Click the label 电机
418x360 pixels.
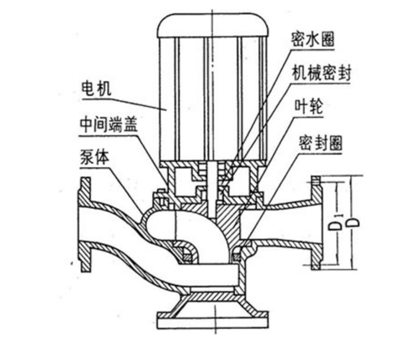pos(96,89)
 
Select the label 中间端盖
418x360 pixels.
pos(109,124)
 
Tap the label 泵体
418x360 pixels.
pos(94,157)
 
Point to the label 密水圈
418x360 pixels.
pos(313,39)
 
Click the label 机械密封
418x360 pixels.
pos(321,74)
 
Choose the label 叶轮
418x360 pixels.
pos(309,107)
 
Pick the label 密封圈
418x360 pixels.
pos(320,143)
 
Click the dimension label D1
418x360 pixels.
pos(335,222)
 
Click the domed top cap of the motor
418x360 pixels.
pos(213,26)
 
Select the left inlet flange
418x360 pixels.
pos(85,225)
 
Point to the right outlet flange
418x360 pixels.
pos(317,223)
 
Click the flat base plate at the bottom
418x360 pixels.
pos(213,324)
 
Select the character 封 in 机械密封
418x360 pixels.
pos(344,74)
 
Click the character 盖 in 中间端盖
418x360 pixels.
pos(131,124)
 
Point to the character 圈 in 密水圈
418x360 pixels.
pos(327,39)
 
